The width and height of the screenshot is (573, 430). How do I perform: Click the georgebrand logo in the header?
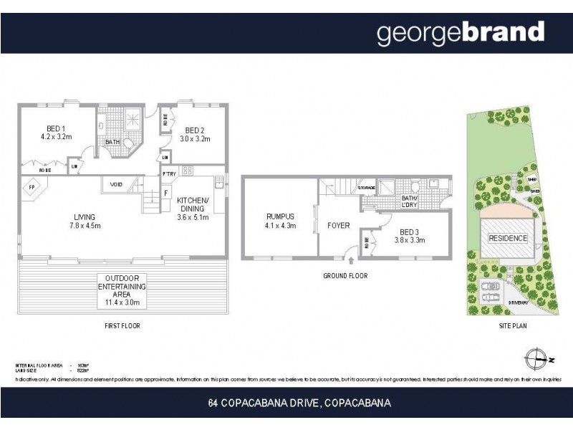coord(460,33)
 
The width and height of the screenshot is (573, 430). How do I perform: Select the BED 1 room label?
coord(56,132)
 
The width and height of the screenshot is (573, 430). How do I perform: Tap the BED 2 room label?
coord(194,134)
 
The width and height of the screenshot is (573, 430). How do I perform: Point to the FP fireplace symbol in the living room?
coord(32,188)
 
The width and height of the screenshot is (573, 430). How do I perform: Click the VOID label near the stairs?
coord(116,185)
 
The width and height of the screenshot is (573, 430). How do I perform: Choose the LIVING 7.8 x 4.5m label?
coord(85,221)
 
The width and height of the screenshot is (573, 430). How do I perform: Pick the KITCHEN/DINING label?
coord(193,209)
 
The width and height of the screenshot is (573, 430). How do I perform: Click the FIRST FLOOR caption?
coord(122,326)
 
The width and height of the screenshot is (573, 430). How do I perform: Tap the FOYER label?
coord(338,226)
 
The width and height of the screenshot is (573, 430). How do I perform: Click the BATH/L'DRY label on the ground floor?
coord(410,202)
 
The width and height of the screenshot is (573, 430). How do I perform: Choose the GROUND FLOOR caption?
coord(346,274)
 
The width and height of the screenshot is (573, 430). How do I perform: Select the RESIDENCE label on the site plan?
coord(507,238)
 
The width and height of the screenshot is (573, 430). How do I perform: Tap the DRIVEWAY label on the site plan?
coord(519,303)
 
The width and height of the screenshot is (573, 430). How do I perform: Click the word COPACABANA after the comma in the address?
coord(357,403)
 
